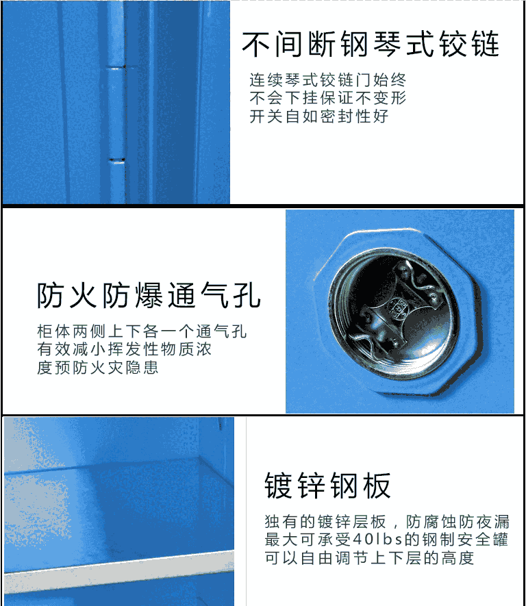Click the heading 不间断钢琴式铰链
coord(371,45)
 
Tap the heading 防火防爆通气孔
coord(149,296)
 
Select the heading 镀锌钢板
coord(327,485)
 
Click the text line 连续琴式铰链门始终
coord(327,80)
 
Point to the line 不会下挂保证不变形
coord(327,98)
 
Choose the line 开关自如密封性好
coord(319,116)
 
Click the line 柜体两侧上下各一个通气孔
coord(142,331)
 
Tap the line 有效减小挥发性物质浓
coord(124,349)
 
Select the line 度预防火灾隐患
coord(98,367)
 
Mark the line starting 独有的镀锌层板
coord(387,522)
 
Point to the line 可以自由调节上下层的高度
coord(369,557)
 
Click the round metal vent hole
coord(393,313)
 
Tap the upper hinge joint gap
coord(116,68)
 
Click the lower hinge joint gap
coord(116,160)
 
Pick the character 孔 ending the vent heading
coord(247,296)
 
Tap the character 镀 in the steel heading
coord(278,486)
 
